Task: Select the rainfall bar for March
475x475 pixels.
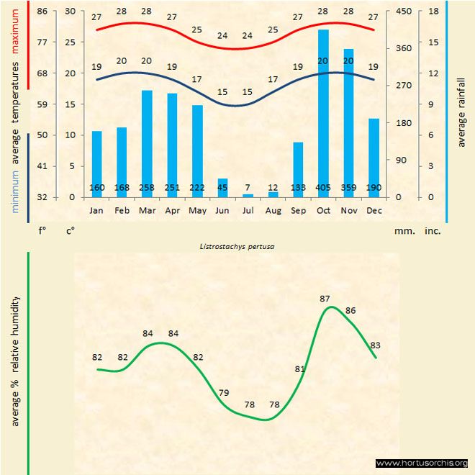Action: coord(147,143)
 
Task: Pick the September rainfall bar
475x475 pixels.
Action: coord(298,169)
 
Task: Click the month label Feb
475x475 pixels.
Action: coord(122,210)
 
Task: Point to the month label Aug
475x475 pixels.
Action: coord(273,210)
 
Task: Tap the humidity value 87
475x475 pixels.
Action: coord(325,298)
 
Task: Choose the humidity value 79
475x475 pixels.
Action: coord(224,392)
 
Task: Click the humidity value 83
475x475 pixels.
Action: coord(375,345)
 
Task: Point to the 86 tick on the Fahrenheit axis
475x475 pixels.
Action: coord(42,12)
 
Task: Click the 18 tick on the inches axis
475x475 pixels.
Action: coord(433,12)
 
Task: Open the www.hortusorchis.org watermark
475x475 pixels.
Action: coord(422,463)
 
